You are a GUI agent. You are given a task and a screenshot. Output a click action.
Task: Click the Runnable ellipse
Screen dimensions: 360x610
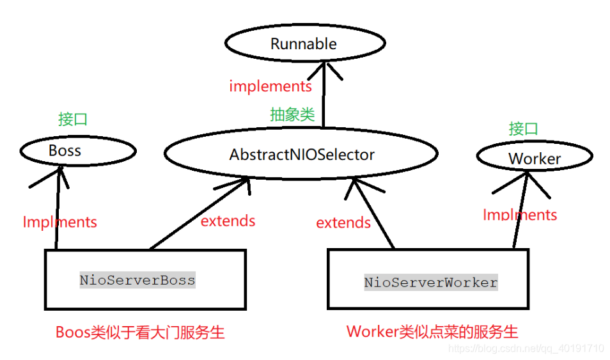coord(304,43)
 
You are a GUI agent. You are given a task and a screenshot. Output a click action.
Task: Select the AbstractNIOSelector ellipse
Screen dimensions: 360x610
coord(301,154)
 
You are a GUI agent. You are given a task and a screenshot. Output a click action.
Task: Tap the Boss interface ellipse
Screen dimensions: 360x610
coord(77,151)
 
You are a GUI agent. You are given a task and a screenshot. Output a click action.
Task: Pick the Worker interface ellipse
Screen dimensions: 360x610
coord(535,158)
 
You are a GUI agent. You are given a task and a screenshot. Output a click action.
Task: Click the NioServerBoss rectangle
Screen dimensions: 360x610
coord(145,280)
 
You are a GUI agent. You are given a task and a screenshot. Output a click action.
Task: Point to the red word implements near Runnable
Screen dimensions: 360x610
coord(270,86)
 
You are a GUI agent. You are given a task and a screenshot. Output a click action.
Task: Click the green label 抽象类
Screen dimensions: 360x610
coord(292,115)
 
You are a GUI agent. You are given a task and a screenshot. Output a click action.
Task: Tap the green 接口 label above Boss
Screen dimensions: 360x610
coord(72,119)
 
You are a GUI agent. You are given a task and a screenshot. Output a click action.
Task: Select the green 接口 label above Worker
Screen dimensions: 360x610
coord(523,129)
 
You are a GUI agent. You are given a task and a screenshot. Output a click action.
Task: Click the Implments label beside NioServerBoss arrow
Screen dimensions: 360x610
coord(59,222)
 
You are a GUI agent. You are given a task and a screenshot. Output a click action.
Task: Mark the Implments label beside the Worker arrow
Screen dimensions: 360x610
coord(520,214)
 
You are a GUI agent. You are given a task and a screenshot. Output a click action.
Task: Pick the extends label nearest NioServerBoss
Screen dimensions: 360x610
coord(228,221)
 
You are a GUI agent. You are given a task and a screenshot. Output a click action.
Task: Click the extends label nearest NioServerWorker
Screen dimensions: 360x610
coord(343,223)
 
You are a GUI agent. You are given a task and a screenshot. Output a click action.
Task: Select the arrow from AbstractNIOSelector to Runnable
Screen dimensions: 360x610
coord(324,96)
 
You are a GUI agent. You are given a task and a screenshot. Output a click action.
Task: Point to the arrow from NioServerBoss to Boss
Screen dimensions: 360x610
coord(58,211)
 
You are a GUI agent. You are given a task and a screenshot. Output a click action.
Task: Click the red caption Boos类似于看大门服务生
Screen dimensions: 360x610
coord(140,332)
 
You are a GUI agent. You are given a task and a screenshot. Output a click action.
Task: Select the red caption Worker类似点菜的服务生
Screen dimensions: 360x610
coord(432,331)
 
